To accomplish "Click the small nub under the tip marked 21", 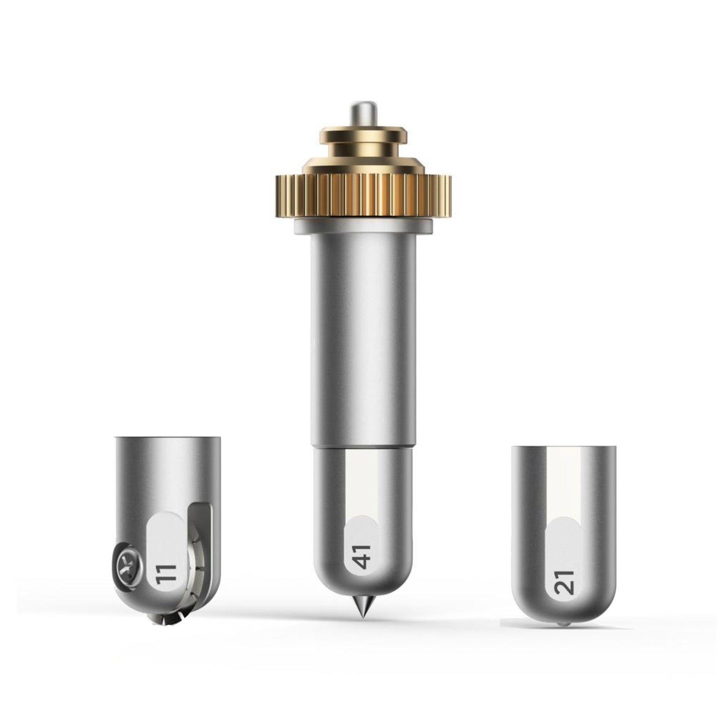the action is [x=563, y=625].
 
